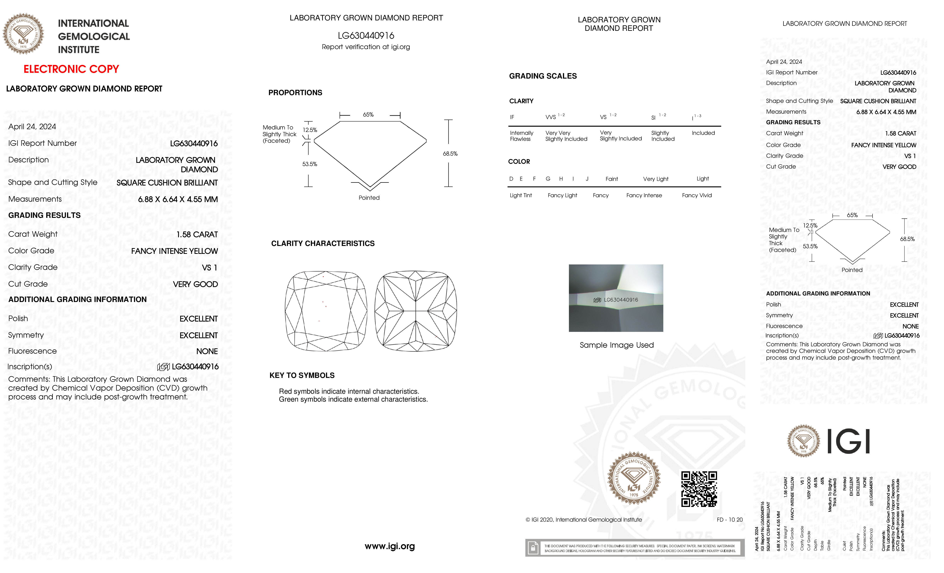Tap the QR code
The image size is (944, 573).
click(x=699, y=489)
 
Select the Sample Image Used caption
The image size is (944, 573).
click(x=616, y=345)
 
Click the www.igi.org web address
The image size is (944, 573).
click(x=390, y=546)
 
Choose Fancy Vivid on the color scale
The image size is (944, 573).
click(x=696, y=195)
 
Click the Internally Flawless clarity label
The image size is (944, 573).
click(x=522, y=136)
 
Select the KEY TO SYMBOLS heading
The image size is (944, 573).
click(x=302, y=375)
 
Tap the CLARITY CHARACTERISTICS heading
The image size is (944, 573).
click(x=323, y=244)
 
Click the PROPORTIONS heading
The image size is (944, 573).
click(x=295, y=93)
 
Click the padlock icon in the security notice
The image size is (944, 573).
click(x=532, y=548)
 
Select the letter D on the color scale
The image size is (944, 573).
click(x=511, y=179)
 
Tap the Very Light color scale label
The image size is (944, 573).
click(x=656, y=179)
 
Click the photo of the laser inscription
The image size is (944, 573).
click(x=616, y=298)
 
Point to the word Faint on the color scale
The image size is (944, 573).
click(x=611, y=179)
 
